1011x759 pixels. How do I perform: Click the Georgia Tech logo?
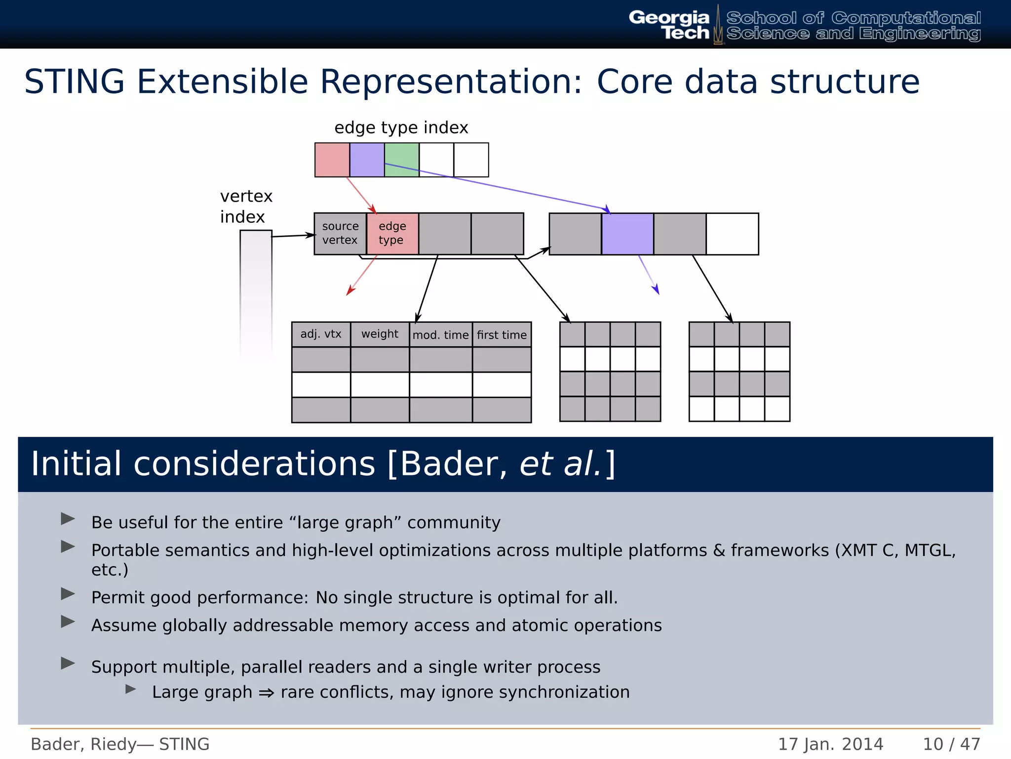click(669, 25)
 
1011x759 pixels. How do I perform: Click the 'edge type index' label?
click(401, 127)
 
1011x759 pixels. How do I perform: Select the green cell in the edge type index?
click(402, 160)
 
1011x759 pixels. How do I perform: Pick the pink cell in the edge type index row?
click(332, 160)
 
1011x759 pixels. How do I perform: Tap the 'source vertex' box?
click(340, 233)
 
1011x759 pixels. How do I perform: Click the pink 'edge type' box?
click(392, 233)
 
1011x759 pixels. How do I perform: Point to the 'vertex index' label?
click(246, 207)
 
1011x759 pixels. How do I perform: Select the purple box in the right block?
click(627, 234)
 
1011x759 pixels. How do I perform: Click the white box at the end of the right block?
click(732, 234)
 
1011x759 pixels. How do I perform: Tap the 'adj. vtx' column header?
click(321, 334)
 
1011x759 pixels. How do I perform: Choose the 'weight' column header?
click(380, 334)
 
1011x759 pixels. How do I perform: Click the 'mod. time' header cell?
click(440, 335)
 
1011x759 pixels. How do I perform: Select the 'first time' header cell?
click(502, 335)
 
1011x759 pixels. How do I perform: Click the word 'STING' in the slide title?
click(74, 82)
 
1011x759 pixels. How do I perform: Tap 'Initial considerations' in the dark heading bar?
click(202, 464)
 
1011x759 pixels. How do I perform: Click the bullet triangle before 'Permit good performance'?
click(68, 594)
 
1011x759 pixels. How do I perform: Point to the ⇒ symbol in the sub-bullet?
click(267, 693)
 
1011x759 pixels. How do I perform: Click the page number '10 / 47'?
click(951, 744)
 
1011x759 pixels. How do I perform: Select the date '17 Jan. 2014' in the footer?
click(830, 744)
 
